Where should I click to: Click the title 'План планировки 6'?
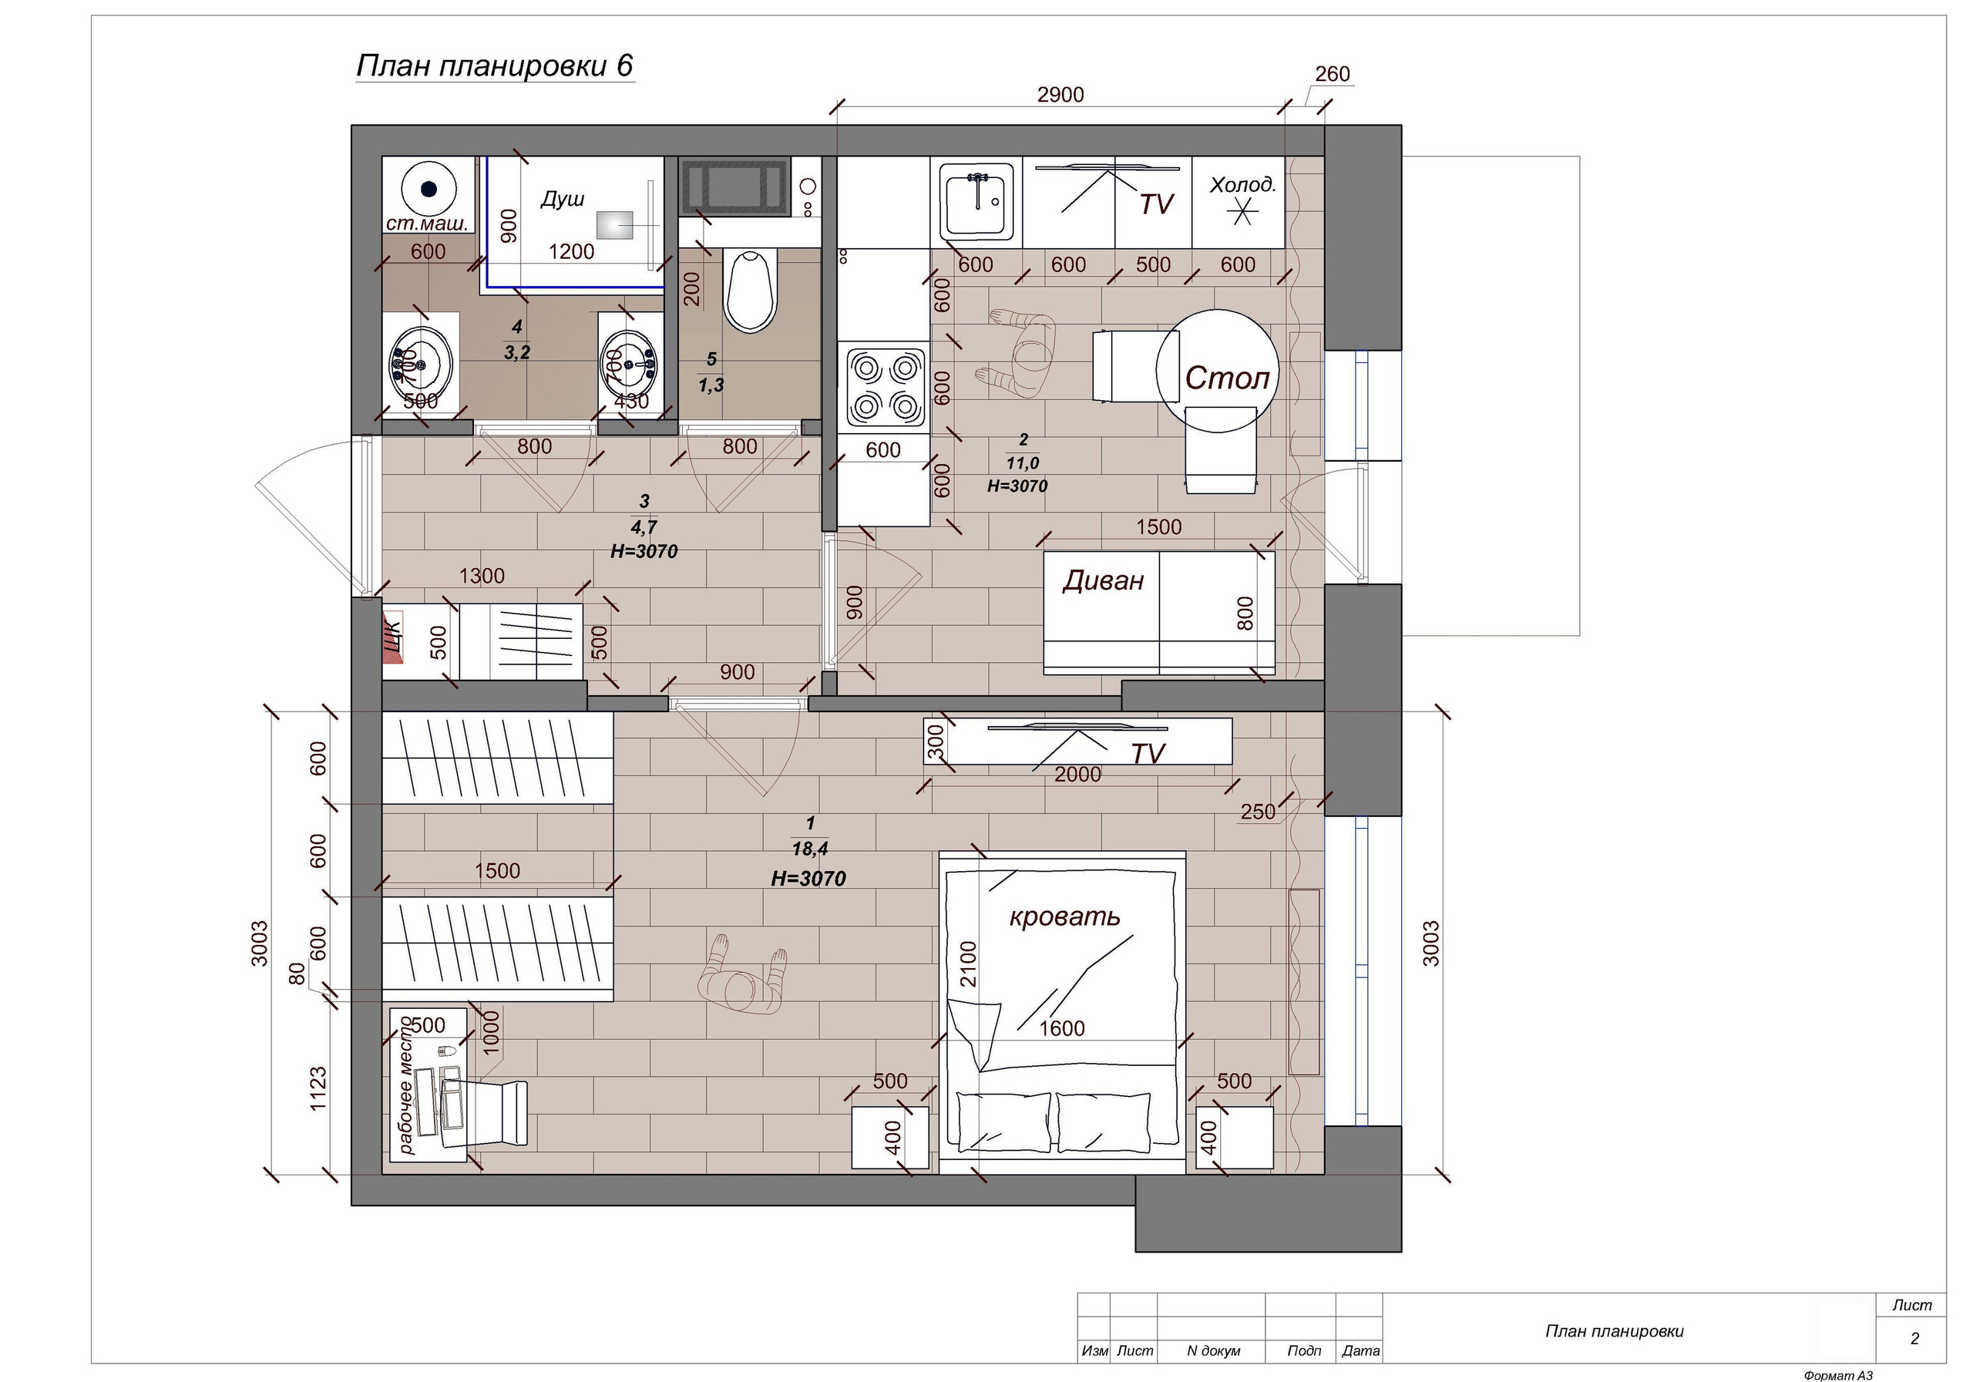495,66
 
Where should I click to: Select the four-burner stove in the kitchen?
884,387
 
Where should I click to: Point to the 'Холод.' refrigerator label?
1242,185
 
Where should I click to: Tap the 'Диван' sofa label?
1104,580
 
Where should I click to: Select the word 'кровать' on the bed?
1064,916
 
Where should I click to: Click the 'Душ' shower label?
562,199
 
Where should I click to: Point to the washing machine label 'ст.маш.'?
427,224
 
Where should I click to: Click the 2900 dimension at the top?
1060,95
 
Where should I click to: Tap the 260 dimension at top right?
1333,74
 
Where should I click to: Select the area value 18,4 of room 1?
809,849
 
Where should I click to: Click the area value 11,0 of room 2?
1023,463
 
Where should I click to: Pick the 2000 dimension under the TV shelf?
1077,775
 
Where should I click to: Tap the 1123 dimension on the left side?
318,1089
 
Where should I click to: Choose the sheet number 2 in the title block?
1914,1338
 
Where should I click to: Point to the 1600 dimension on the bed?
1062,1028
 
